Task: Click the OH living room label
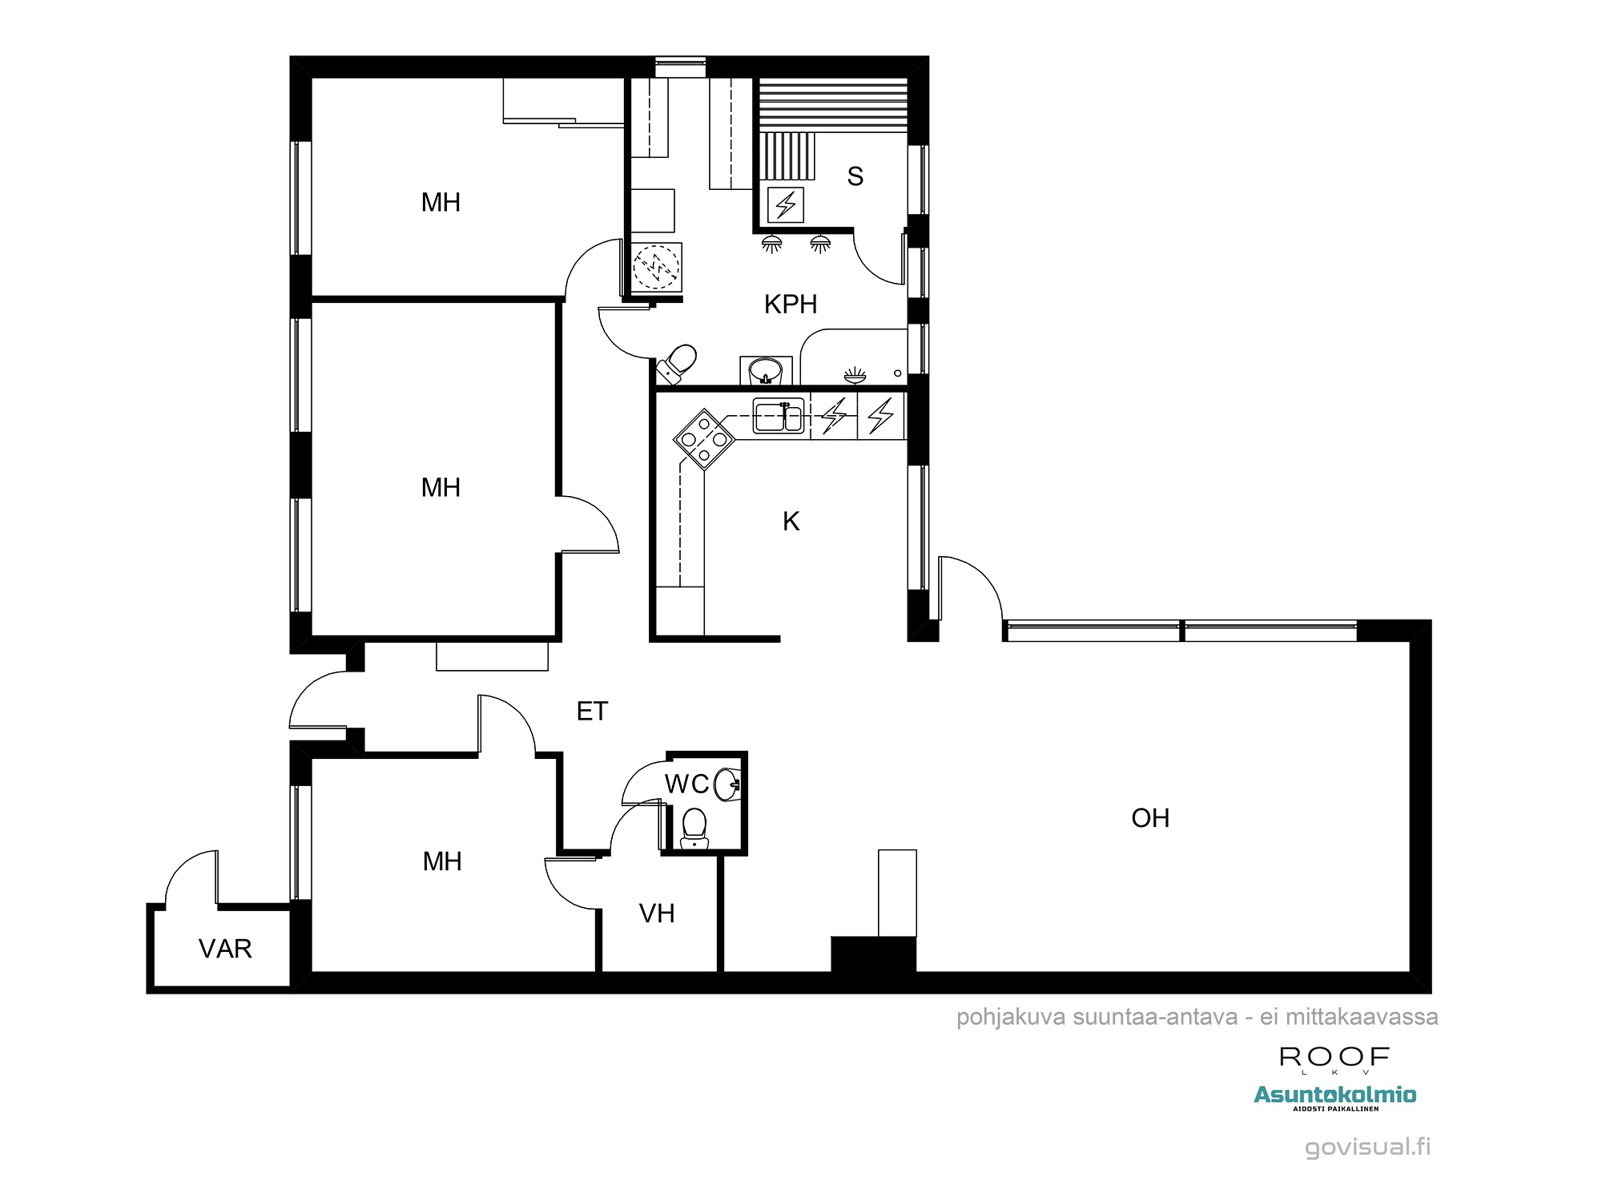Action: coord(1150,818)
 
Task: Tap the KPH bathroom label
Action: coord(791,305)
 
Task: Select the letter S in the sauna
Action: coord(855,176)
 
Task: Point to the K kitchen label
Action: coord(791,522)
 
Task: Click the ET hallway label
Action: coord(593,712)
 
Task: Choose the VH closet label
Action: coord(657,914)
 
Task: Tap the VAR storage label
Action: coord(225,949)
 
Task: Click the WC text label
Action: coord(687,784)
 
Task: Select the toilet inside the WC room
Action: coord(694,828)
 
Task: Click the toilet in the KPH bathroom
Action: coord(678,364)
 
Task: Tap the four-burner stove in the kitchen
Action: coord(704,439)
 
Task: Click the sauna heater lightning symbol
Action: coord(786,204)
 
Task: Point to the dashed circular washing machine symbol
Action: coord(656,266)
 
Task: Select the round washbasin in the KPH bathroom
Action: coord(766,371)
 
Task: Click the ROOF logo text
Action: coord(1334,1057)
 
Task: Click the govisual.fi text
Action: coord(1368,1148)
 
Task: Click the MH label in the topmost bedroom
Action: coord(441,203)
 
